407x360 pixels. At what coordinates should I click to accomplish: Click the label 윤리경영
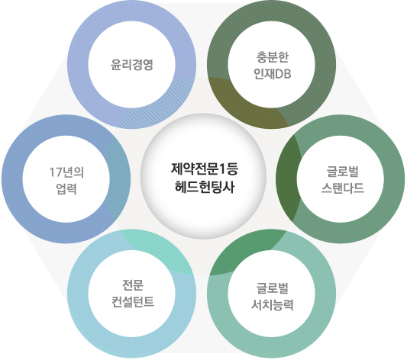tap(131, 65)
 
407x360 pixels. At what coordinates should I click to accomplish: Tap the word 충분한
tap(273, 57)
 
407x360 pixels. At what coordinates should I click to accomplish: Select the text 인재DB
tap(273, 74)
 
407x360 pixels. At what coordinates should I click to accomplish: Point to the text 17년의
tap(66, 172)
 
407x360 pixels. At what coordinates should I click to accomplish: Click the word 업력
tap(66, 188)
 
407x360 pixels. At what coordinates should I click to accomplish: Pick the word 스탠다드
tap(343, 188)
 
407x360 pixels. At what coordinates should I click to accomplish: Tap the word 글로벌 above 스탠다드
tap(343, 172)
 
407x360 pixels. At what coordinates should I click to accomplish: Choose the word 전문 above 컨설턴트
tap(133, 285)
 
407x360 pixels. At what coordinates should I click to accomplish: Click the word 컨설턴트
tap(133, 302)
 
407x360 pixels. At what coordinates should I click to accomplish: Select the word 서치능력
tap(273, 305)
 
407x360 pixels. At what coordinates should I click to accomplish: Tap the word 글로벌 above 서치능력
tap(273, 288)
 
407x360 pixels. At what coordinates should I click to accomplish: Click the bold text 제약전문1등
tap(205, 169)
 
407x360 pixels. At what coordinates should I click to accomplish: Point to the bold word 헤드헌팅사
tap(205, 187)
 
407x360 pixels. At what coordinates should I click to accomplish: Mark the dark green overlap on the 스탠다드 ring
tap(287, 178)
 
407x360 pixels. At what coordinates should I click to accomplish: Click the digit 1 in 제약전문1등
tap(222, 169)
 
